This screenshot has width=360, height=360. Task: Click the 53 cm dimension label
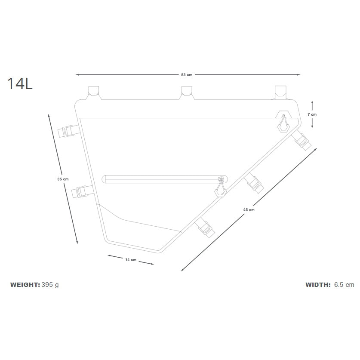[187, 74]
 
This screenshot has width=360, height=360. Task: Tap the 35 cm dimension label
[63, 179]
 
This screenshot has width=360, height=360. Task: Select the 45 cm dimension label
[249, 209]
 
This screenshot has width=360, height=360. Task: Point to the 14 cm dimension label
[131, 260]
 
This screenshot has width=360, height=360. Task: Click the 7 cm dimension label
[312, 114]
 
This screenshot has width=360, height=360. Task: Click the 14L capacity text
[20, 83]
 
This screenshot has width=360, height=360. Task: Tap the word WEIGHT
[25, 285]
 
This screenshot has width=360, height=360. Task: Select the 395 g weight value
[50, 285]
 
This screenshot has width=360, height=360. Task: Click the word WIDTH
[318, 285]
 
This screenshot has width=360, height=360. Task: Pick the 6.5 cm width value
[344, 285]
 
